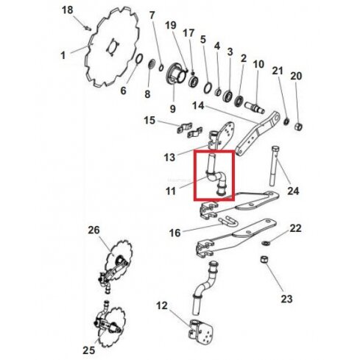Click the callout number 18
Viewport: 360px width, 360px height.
coord(68,10)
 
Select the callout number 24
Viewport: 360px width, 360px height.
coord(293,191)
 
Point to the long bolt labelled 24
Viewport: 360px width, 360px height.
coord(274,166)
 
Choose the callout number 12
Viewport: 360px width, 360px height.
coord(162,306)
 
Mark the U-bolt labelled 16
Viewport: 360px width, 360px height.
coord(228,222)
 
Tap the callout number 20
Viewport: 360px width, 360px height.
coord(296,76)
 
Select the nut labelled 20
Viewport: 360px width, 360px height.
coord(298,127)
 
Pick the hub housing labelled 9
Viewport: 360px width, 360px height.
coord(176,74)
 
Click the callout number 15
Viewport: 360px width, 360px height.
coord(149,121)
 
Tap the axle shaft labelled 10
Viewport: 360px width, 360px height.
coord(255,108)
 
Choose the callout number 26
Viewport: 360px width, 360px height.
coord(94,230)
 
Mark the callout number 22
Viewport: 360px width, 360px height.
coord(295,228)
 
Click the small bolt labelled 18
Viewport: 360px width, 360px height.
coord(88,28)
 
